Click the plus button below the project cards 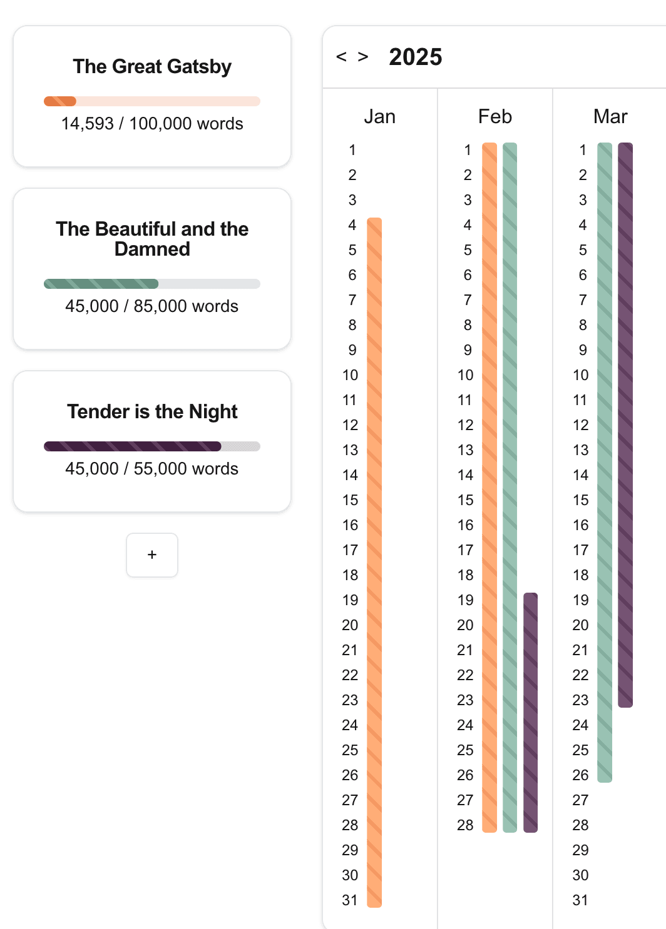point(152,555)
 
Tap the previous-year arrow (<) point(341,57)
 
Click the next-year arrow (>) point(363,57)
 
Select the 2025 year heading point(416,57)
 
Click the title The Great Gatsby point(152,66)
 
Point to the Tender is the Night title point(152,411)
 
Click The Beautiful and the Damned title point(152,239)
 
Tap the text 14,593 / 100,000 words point(152,124)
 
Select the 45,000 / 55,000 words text point(152,469)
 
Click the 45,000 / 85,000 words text point(152,306)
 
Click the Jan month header point(380,116)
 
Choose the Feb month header point(495,116)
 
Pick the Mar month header point(610,116)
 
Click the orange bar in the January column point(374,563)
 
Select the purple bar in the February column point(530,713)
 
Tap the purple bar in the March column point(625,425)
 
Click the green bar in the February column point(510,488)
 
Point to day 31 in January point(350,900)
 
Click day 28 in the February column point(465,825)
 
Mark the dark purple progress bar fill point(132,446)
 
